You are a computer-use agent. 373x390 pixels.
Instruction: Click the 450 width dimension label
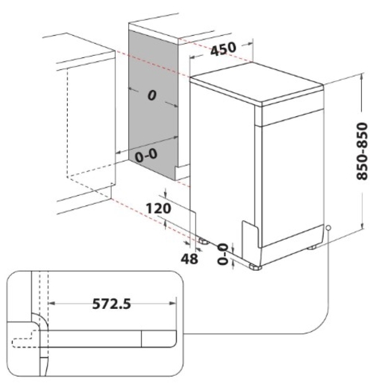[x=223, y=49]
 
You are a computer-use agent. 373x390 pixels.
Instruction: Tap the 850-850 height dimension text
[x=362, y=151]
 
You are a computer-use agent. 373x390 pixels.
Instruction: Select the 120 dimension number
[x=158, y=208]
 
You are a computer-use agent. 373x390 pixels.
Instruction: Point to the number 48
[x=189, y=259]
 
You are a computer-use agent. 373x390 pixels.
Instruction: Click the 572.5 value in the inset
[x=111, y=304]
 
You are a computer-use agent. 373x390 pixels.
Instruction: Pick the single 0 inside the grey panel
[x=152, y=95]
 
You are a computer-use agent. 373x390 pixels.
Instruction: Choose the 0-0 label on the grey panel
[x=146, y=156]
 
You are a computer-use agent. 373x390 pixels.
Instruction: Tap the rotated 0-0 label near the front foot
[x=222, y=254]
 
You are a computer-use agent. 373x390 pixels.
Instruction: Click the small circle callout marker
[x=329, y=228]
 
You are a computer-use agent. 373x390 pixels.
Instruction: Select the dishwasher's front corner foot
[x=255, y=267]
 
